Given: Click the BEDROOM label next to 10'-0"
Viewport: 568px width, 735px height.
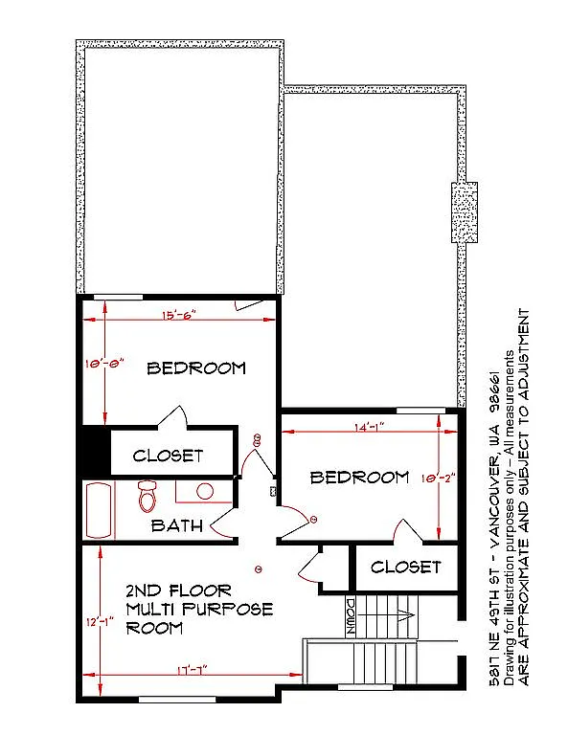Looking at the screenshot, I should (195, 367).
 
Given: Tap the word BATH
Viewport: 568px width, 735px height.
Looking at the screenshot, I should (176, 525).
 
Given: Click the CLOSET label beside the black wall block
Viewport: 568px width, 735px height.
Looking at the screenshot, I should (168, 456).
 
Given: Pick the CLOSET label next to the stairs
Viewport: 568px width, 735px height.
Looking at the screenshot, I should (405, 567).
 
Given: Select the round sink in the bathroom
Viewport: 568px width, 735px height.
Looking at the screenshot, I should (204, 491).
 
